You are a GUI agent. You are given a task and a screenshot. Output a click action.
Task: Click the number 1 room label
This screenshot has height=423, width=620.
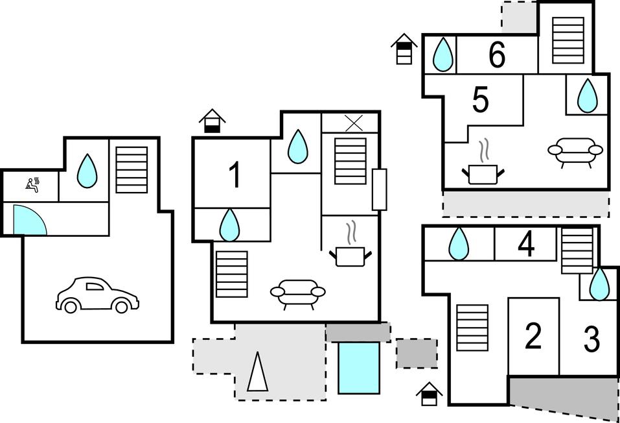(x=235, y=175)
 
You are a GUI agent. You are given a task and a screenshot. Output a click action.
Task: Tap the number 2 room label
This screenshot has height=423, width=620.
(x=533, y=337)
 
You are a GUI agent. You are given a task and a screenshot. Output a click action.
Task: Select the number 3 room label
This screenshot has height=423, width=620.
(x=591, y=339)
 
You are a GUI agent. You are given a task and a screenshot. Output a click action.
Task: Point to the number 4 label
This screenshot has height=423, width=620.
(x=527, y=245)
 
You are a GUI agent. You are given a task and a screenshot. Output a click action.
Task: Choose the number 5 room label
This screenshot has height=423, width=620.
(x=481, y=101)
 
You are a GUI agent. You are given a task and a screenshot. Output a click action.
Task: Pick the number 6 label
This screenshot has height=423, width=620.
(x=497, y=55)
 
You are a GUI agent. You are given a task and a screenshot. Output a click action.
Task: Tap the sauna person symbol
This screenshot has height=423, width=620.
(x=32, y=184)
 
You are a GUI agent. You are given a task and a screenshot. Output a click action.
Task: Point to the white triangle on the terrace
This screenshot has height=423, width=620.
(x=257, y=372)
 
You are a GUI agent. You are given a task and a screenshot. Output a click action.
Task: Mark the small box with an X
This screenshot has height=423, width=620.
(x=353, y=123)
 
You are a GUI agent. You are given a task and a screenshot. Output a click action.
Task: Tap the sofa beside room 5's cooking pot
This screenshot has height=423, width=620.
(x=575, y=151)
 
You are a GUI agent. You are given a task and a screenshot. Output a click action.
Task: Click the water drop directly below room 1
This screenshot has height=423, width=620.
(x=229, y=224)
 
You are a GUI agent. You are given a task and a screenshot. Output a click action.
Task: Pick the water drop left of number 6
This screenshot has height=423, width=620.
(x=442, y=54)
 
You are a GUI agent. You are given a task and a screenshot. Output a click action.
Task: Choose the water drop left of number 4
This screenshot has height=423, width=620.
(x=459, y=244)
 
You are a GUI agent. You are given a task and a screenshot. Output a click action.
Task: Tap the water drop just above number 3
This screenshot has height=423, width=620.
(x=600, y=284)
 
